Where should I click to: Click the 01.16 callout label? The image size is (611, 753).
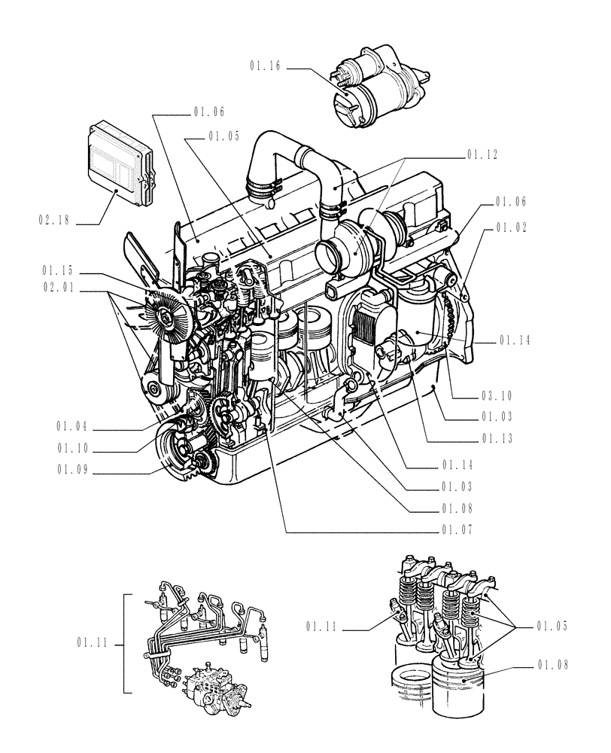(266, 67)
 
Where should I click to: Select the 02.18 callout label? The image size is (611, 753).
(55, 221)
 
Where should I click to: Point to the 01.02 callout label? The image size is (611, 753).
(512, 227)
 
